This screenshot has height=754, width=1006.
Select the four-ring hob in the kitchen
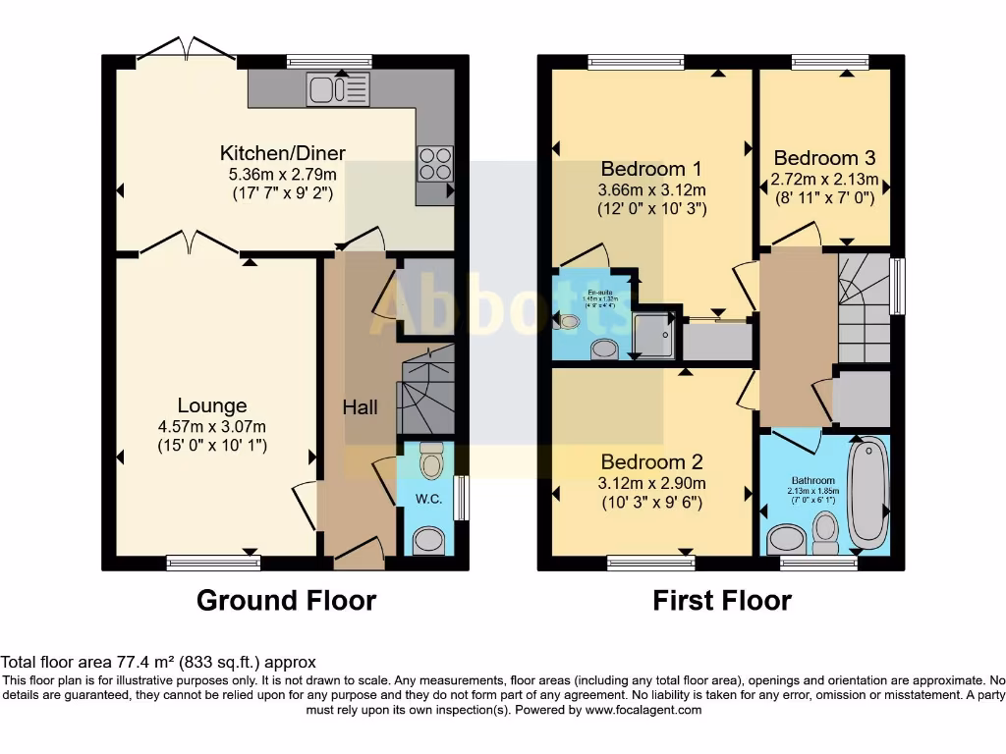435,163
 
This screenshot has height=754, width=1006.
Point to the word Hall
360,406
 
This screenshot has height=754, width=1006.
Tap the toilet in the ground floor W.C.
430,459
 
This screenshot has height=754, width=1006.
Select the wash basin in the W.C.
429,539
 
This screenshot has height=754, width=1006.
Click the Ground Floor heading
286,600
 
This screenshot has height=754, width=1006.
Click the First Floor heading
722,600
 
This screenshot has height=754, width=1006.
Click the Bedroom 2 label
652,461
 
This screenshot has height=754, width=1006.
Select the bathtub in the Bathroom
867,493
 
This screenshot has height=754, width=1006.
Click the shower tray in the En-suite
654,334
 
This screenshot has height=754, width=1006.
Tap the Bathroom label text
812,481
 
